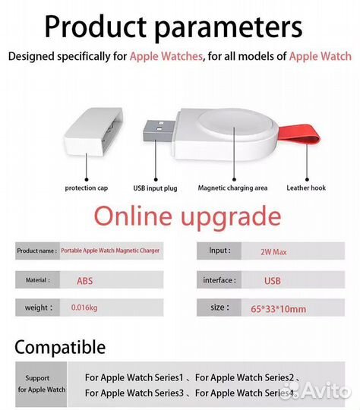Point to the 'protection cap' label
coord(85,187)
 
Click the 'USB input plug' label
coord(156,187)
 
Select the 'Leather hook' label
coord(306,187)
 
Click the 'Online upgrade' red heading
coord(187,216)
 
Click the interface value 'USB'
coord(272,281)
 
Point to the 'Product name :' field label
coord(36,251)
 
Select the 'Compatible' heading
coord(60,348)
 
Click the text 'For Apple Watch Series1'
coord(134,377)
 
